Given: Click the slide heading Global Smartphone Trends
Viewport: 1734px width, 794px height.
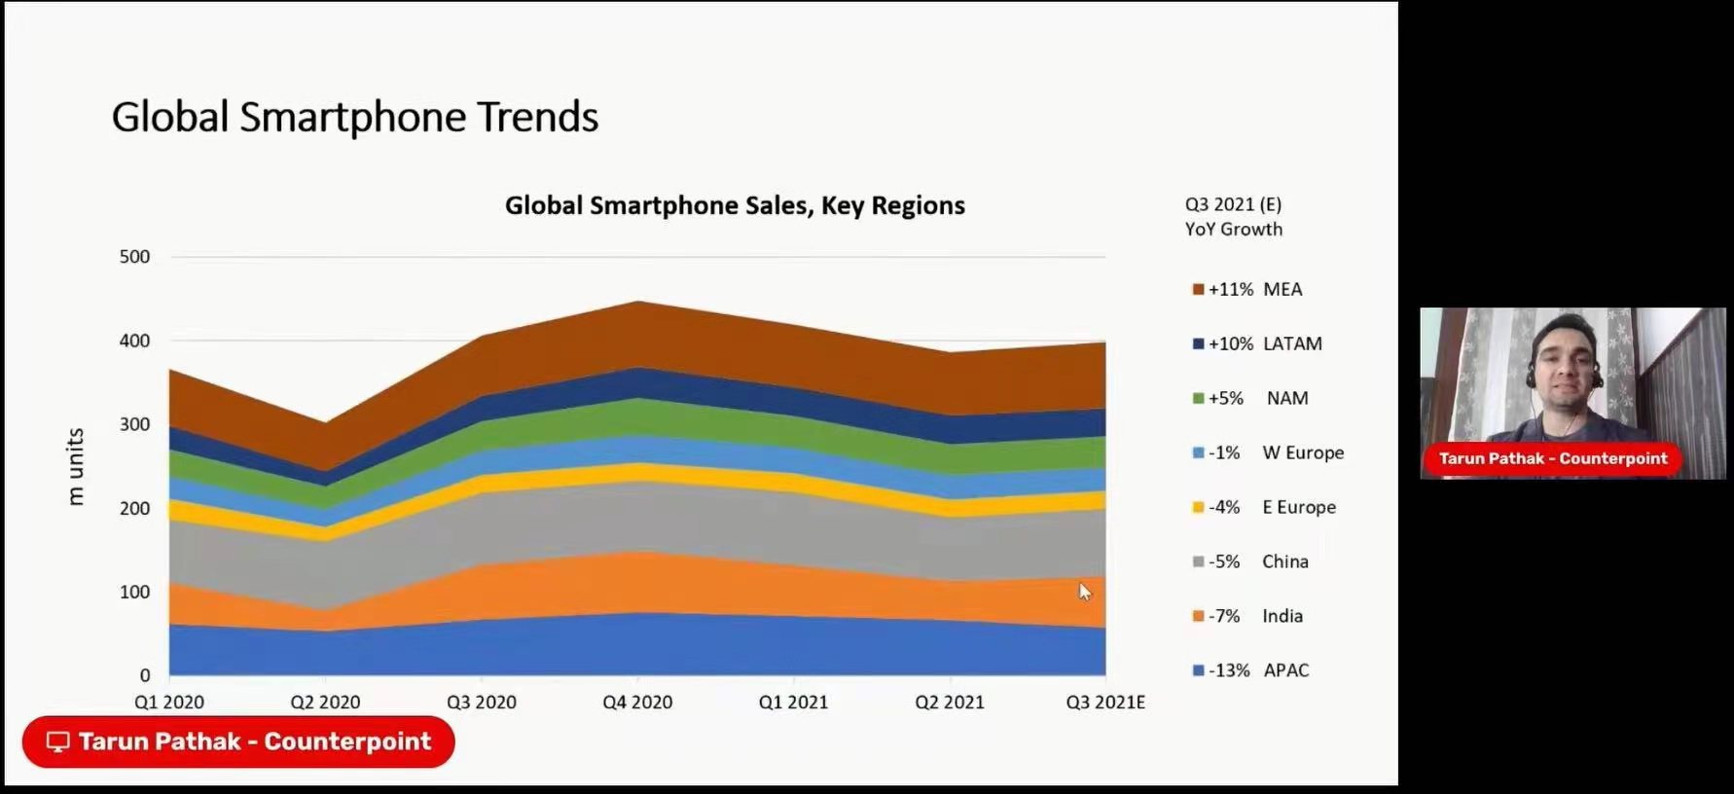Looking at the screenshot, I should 354,117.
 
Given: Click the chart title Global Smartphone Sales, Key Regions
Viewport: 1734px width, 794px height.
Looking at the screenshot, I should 735,205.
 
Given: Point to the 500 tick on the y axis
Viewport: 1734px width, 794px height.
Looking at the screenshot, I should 134,257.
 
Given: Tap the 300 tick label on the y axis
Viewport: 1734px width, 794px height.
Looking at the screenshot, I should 134,424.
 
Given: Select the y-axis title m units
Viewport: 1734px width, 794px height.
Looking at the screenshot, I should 76,466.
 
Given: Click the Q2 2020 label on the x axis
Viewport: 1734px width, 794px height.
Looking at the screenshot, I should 325,702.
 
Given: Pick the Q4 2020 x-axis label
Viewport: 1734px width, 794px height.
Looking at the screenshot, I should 637,702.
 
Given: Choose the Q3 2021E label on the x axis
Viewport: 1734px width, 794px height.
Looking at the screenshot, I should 1105,702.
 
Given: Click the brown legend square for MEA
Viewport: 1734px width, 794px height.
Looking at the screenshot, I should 1199,289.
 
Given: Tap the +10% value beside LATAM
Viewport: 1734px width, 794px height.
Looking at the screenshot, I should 1230,343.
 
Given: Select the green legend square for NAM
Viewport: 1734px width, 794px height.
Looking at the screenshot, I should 1199,398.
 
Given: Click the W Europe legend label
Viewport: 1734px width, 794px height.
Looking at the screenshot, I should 1303,452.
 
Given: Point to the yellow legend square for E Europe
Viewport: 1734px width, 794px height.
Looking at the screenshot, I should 1199,507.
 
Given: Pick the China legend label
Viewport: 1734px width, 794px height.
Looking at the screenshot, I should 1284,561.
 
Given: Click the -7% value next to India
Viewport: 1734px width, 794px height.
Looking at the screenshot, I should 1224,616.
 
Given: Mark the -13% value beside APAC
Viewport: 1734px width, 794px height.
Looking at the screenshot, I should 1228,670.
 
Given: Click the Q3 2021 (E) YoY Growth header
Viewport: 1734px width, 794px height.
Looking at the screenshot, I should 1234,216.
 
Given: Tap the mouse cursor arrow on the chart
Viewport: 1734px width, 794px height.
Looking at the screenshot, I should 1084,591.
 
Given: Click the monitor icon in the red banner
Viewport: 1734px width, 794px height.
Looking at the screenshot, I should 58,741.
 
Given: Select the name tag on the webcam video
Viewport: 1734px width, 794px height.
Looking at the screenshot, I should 1553,458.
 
